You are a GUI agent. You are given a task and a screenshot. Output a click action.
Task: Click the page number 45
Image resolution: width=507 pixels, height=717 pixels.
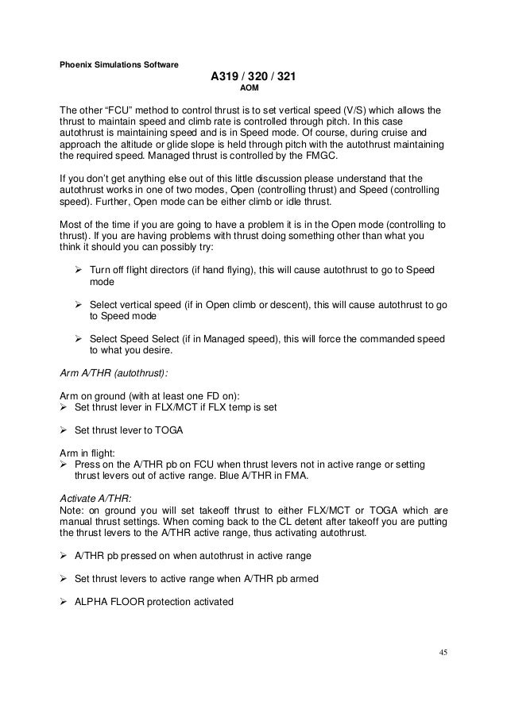coord(443,653)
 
